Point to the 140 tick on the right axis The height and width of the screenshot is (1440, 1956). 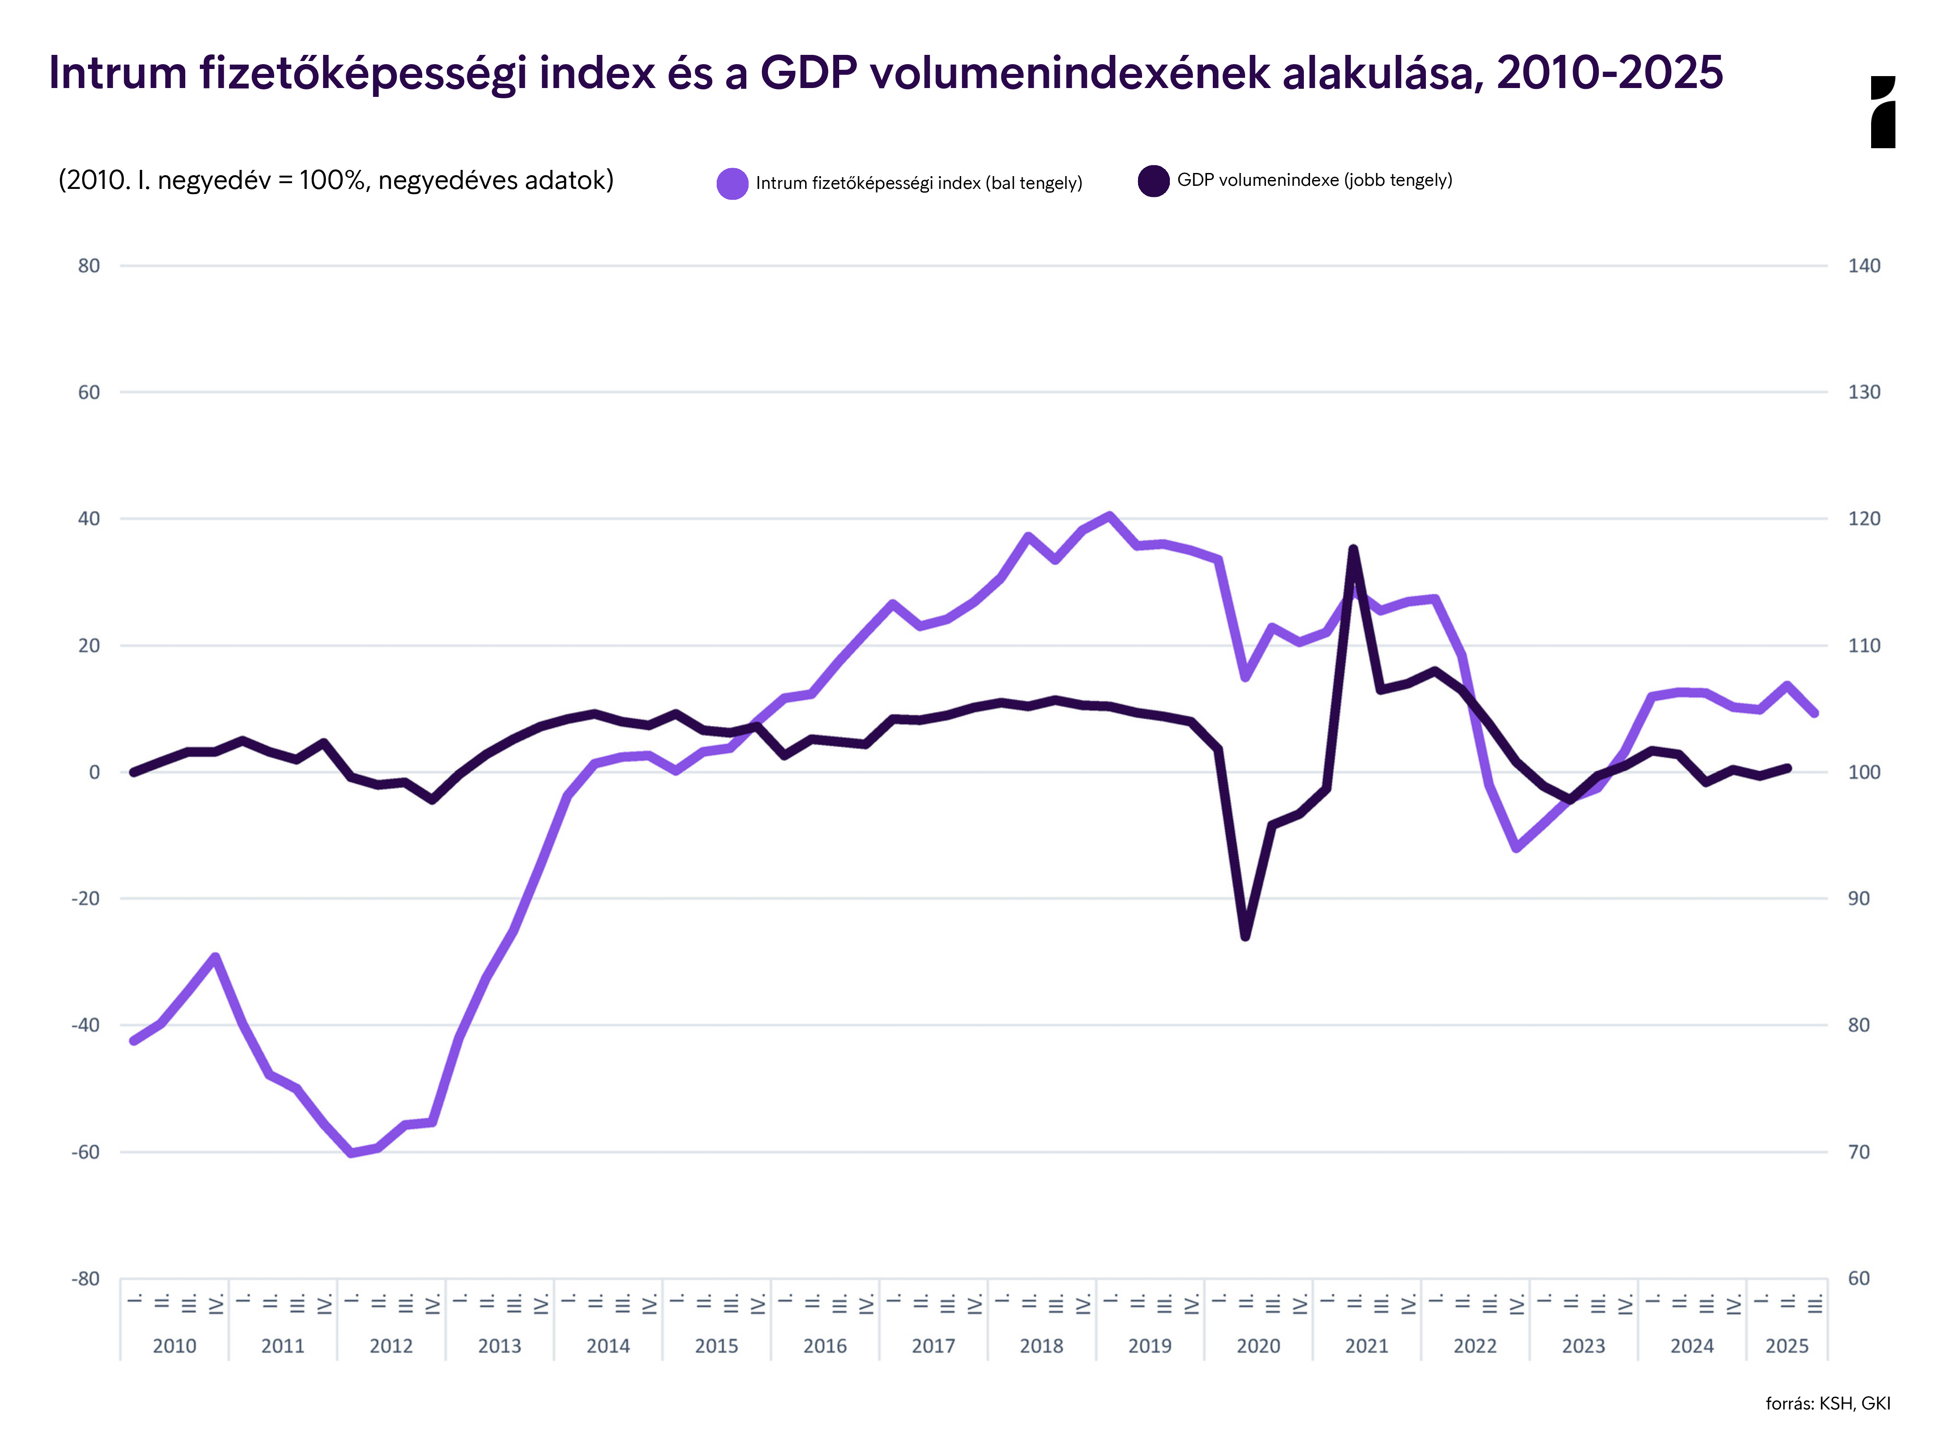[x=1864, y=266]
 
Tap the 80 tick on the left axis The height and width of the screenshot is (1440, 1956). [x=89, y=266]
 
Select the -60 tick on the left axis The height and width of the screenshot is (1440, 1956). [x=85, y=1152]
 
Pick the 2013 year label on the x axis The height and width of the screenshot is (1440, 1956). [x=499, y=1346]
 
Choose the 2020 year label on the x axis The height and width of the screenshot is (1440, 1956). [x=1258, y=1346]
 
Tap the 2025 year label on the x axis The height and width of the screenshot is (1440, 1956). [x=1786, y=1346]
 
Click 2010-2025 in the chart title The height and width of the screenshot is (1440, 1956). [x=1609, y=73]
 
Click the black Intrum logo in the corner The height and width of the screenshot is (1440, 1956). [x=1883, y=111]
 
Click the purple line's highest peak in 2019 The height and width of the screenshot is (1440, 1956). [x=1109, y=515]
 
